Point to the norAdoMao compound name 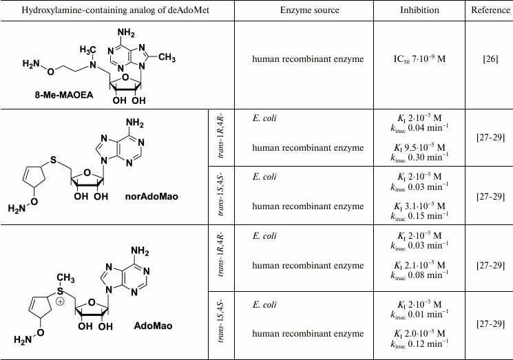click(x=154, y=197)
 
